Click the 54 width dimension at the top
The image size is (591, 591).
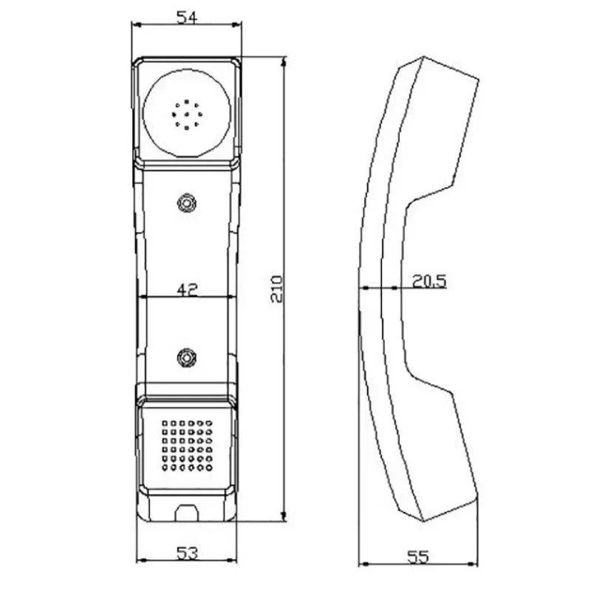tap(187, 17)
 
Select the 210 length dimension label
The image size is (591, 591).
tap(276, 289)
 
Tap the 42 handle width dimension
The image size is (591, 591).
tap(188, 290)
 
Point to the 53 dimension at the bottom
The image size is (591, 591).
tap(188, 553)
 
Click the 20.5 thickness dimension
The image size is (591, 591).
tap(429, 281)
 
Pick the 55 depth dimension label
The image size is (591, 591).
tap(418, 557)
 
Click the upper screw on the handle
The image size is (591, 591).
tap(187, 203)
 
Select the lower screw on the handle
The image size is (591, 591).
tap(187, 357)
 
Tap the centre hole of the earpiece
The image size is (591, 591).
tap(187, 115)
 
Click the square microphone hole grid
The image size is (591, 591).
tap(188, 446)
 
